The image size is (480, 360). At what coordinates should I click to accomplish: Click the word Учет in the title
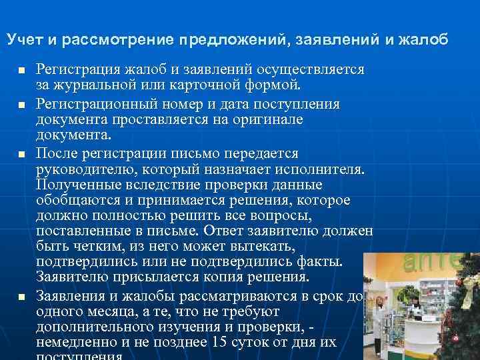(24, 39)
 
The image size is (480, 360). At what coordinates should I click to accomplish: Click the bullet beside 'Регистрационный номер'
(22, 105)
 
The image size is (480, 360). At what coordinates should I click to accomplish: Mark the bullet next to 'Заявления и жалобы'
(22, 296)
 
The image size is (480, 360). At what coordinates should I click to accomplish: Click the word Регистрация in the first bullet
(78, 70)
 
